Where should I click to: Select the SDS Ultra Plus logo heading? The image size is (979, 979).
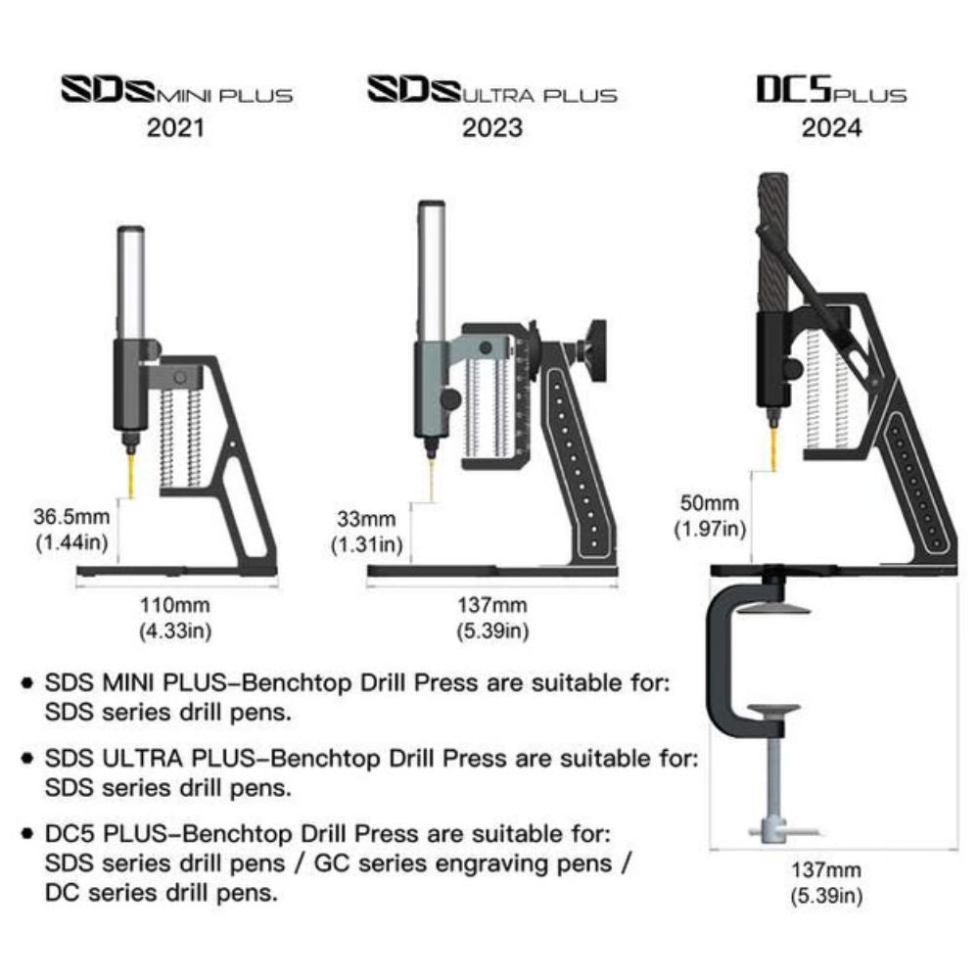pyautogui.click(x=492, y=93)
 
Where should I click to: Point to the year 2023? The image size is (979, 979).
pyautogui.click(x=492, y=128)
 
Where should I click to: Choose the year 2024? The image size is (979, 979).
pyautogui.click(x=831, y=128)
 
